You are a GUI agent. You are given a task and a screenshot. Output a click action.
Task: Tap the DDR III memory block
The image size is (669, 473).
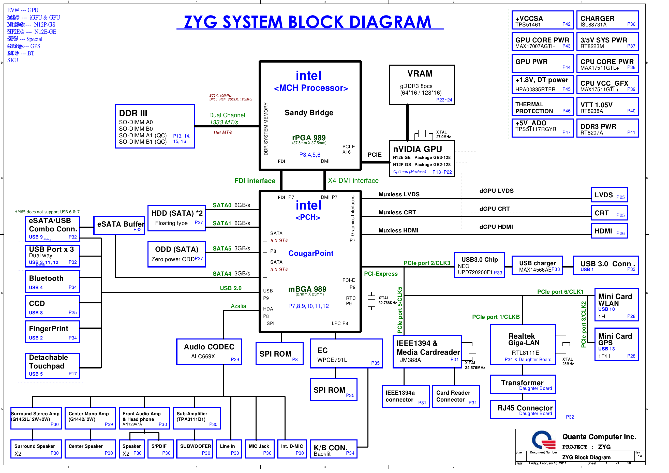pos(155,126)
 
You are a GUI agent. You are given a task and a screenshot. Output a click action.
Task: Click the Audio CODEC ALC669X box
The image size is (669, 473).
pos(209,351)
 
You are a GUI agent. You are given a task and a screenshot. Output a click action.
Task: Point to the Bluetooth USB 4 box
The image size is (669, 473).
pos(52,282)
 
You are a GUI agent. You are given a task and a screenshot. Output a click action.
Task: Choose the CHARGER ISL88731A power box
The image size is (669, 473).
pos(607,20)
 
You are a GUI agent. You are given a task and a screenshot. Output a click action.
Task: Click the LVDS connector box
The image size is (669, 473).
pos(609,195)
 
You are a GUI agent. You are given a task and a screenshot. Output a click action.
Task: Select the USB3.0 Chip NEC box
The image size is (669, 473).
pos(479,265)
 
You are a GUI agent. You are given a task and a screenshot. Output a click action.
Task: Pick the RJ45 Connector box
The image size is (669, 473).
pos(523,409)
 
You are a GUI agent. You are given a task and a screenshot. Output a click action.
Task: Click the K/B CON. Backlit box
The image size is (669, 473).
pos(333,449)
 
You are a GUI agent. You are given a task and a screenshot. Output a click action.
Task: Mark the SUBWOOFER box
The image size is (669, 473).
pos(195,449)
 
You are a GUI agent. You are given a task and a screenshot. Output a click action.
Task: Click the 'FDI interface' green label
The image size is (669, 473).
pos(255,181)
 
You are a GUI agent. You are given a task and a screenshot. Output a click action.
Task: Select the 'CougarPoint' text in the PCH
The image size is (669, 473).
pos(311,253)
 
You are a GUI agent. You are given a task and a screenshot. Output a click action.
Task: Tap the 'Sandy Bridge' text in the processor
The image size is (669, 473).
pos(309,113)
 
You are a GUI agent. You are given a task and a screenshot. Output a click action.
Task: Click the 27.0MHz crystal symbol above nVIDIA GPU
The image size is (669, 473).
pos(423,134)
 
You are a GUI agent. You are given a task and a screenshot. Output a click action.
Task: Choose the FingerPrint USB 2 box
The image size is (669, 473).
pos(52,332)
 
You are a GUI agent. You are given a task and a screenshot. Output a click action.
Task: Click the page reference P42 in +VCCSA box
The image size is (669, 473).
pos(566,24)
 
